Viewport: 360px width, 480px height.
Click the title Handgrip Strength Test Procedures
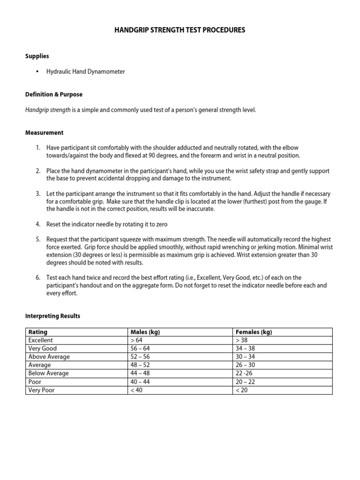[180, 30]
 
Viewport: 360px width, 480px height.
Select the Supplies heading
[37, 56]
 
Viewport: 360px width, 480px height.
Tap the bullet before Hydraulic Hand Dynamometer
[37, 72]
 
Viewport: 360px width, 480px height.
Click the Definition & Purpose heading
[53, 94]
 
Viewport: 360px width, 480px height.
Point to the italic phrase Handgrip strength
[48, 110]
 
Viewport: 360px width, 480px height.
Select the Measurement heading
[44, 133]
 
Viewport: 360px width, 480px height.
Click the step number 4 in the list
[38, 225]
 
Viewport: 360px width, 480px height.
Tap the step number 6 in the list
[38, 277]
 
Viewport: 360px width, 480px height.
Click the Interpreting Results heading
[52, 316]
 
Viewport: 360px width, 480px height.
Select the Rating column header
[37, 332]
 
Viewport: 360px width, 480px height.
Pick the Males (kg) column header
[145, 332]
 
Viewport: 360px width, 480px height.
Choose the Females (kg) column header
[254, 332]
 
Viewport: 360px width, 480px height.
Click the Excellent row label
[41, 340]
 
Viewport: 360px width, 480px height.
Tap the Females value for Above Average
[245, 357]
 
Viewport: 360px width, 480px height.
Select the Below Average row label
[48, 373]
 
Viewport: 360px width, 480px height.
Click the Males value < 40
[136, 390]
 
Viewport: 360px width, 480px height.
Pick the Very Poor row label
[41, 390]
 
